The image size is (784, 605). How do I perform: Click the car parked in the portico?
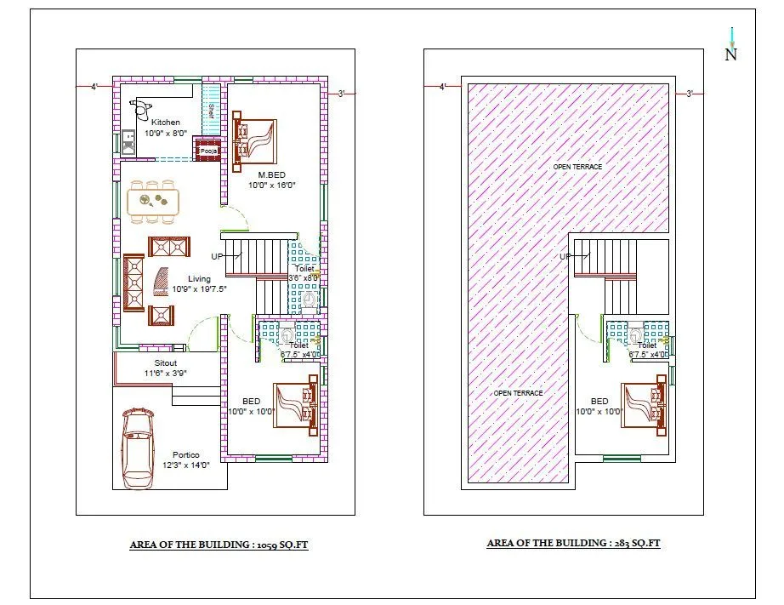tap(139, 448)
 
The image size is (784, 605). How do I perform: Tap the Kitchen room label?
tap(166, 123)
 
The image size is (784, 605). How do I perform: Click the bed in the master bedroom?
tap(255, 140)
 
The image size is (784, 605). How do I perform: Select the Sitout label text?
tap(154, 362)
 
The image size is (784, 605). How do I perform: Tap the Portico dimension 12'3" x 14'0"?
tap(185, 465)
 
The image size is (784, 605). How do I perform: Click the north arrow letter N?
tap(730, 54)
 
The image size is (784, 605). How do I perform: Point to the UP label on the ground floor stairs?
tap(218, 256)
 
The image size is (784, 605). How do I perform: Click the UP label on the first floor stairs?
tap(565, 256)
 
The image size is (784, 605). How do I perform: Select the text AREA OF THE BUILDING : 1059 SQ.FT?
tap(219, 545)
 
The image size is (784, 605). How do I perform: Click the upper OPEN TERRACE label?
tap(577, 167)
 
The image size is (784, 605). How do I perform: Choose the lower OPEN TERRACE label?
tap(518, 393)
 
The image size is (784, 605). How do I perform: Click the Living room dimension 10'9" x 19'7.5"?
tap(199, 289)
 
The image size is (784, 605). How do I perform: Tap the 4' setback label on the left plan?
tap(95, 86)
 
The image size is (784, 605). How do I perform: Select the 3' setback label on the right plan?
tap(690, 94)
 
